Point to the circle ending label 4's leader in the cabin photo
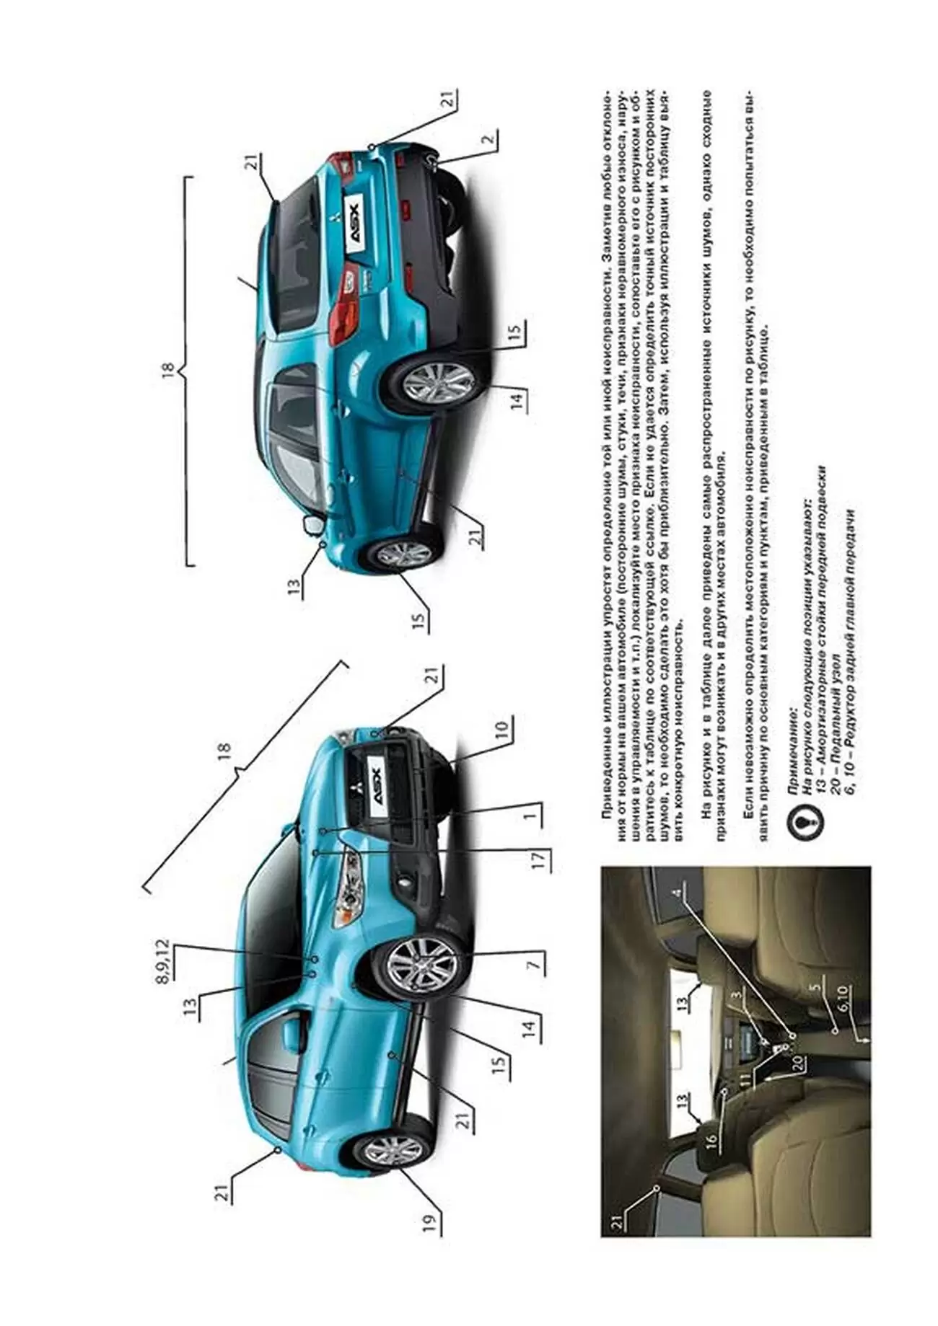792,1035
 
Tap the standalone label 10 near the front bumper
502,727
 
